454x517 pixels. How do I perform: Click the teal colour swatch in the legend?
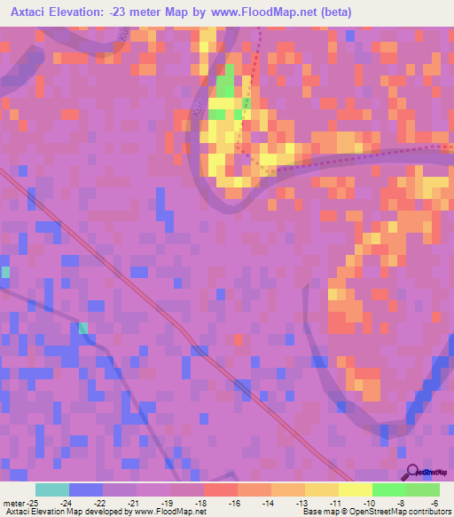point(52,489)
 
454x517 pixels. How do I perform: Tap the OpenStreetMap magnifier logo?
point(411,473)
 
